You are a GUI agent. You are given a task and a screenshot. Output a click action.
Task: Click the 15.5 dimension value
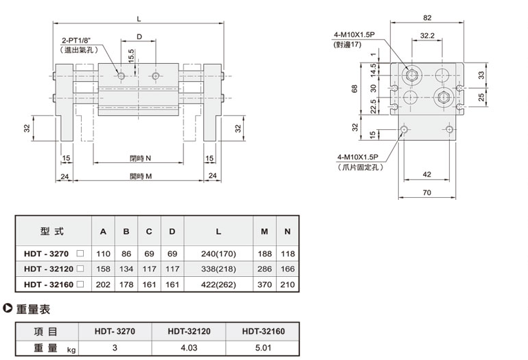click(x=131, y=54)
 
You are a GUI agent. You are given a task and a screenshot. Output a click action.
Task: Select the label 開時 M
click(x=140, y=177)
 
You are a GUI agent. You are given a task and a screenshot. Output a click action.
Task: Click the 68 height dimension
click(x=354, y=89)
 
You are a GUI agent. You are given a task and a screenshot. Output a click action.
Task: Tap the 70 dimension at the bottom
click(x=426, y=193)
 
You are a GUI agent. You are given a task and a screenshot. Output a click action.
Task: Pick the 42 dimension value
click(x=426, y=175)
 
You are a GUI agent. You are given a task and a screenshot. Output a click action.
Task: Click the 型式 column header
click(x=52, y=231)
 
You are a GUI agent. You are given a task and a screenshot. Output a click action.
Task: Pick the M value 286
click(x=264, y=267)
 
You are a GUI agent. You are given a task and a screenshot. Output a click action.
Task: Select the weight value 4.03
click(x=188, y=348)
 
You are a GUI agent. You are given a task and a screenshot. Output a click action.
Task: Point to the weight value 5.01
click(x=263, y=348)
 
